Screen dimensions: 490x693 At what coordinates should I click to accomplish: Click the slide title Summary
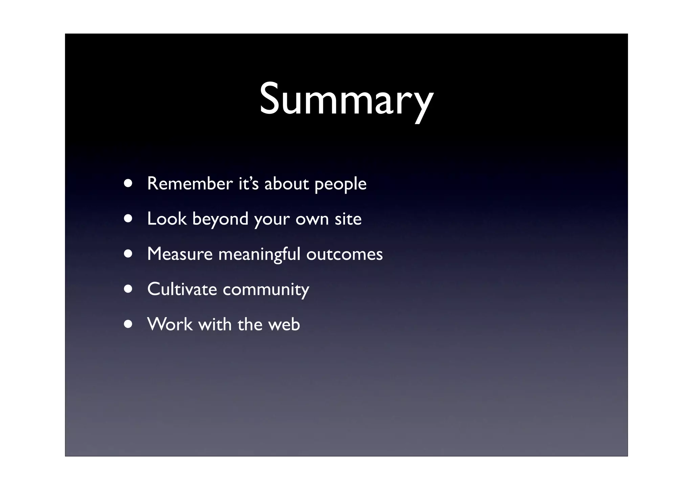pos(346,99)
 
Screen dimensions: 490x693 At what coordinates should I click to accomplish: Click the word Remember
pos(190,184)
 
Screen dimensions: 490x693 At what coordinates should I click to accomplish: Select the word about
pos(286,184)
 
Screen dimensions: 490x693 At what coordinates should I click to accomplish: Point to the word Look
pos(166,219)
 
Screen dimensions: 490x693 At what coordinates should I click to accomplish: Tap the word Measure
pos(180,254)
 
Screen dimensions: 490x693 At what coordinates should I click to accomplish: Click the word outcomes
pos(344,254)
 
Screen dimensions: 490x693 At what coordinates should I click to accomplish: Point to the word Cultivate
pos(182,289)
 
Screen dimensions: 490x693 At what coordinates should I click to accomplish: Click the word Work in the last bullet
pos(170,324)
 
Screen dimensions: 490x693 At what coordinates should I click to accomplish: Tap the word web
pos(284,324)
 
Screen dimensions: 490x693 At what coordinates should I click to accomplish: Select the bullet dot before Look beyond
pos(128,218)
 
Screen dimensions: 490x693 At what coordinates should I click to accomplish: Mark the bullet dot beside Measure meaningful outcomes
pos(128,254)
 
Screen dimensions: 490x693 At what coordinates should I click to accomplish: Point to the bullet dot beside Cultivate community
pos(128,289)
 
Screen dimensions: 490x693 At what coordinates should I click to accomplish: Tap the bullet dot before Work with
pos(128,324)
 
